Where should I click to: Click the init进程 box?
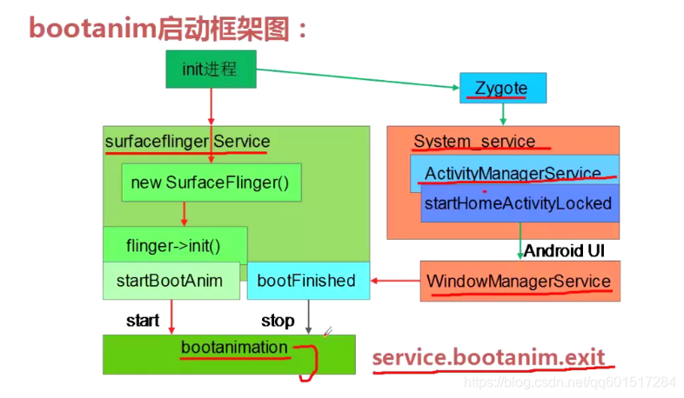211,69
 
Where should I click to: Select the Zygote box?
503,89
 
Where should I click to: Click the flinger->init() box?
174,245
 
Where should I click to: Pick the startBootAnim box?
170,281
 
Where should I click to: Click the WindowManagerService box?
519,281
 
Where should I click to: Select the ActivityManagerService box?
513,173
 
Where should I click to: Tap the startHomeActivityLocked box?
519,204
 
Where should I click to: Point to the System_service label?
469,142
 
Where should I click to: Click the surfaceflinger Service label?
187,142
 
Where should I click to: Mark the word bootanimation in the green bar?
233,348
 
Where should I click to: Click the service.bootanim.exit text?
487,357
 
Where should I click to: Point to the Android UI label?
565,250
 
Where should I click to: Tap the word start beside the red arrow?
143,321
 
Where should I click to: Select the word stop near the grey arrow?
278,321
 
